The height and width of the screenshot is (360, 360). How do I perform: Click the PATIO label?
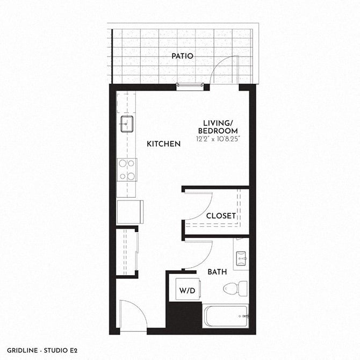point(182,56)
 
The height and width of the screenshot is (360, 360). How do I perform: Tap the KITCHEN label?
point(163,144)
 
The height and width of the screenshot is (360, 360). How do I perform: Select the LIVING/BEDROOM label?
point(217,127)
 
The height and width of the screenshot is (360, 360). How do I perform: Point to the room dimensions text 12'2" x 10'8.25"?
point(218,139)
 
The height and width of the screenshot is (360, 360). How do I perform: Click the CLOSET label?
point(221,216)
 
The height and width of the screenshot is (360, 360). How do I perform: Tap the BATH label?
point(217,272)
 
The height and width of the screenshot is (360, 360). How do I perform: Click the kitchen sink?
point(127,124)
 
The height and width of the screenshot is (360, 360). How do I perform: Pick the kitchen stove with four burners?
point(127,170)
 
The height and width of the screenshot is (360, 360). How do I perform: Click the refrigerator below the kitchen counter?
point(129,212)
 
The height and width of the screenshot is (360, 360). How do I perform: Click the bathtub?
point(225,316)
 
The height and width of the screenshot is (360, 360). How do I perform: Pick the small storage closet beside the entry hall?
point(126,251)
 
